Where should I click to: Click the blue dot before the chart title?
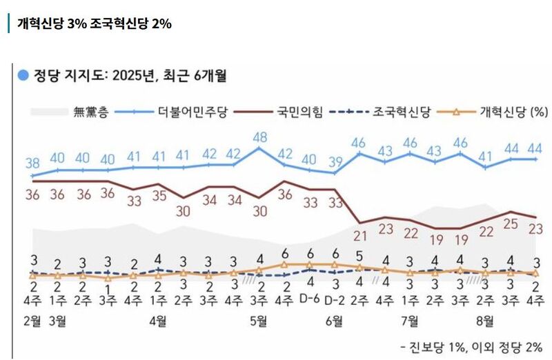(23, 75)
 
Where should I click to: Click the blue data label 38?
(32, 163)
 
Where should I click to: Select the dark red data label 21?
(359, 237)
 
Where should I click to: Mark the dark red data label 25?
(510, 224)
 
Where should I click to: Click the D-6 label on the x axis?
(310, 300)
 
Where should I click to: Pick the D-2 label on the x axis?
(335, 300)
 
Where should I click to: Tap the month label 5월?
(259, 319)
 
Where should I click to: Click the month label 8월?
(485, 319)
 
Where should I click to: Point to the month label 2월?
(32, 319)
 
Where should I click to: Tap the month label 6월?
(335, 319)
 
